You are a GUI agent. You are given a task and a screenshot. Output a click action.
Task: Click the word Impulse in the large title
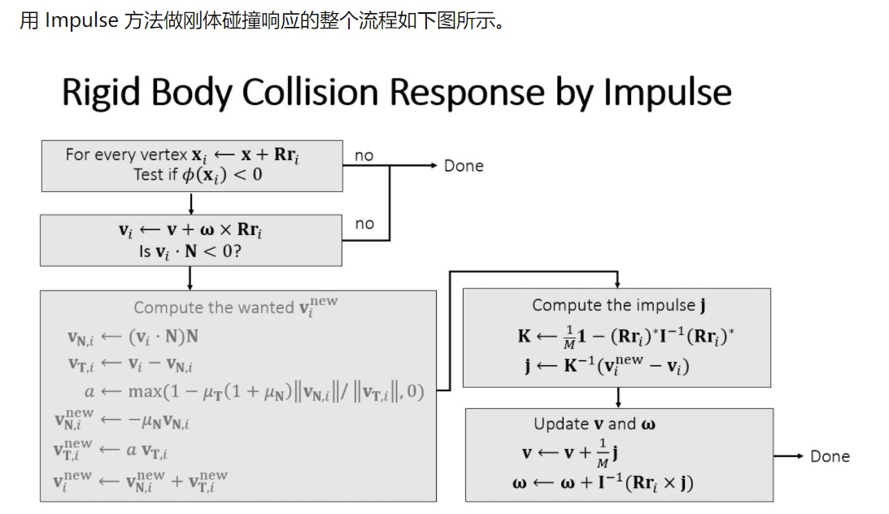(x=666, y=93)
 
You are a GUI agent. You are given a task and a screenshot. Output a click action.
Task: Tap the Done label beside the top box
(x=464, y=166)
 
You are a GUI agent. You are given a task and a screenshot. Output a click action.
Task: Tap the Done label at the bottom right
(x=830, y=456)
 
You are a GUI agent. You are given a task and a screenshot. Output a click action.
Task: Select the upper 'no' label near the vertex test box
(x=364, y=155)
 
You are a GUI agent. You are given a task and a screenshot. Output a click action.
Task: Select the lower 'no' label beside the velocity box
(x=364, y=224)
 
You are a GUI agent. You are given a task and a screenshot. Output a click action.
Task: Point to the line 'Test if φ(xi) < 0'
(x=198, y=174)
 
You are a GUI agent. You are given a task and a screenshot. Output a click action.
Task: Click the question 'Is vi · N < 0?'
(x=190, y=251)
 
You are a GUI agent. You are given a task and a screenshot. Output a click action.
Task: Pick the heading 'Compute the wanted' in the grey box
(x=213, y=307)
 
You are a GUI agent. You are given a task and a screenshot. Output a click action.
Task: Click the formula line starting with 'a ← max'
(x=254, y=391)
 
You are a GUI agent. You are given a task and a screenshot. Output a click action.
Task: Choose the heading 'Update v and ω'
(x=596, y=424)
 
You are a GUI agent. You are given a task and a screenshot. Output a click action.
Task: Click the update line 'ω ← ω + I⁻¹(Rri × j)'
(x=603, y=483)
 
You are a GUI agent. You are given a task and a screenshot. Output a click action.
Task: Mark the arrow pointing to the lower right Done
(x=788, y=456)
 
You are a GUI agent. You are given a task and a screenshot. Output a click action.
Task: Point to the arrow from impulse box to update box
(x=618, y=398)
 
